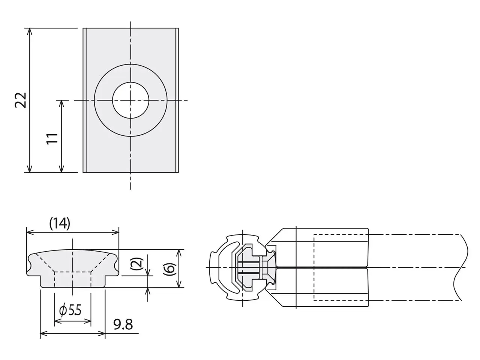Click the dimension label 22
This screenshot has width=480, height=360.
tap(21, 100)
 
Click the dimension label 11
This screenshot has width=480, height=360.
tap(52, 138)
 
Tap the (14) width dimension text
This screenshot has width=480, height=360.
tap(60, 223)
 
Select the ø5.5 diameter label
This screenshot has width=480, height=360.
tap(70, 310)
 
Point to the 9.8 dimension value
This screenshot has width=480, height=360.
tap(123, 324)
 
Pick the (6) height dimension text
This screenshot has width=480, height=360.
tap(169, 269)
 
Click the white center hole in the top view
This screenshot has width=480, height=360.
tap(131, 100)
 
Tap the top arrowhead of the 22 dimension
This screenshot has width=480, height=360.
tap(30, 32)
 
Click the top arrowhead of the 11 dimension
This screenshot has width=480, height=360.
tap(61, 104)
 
